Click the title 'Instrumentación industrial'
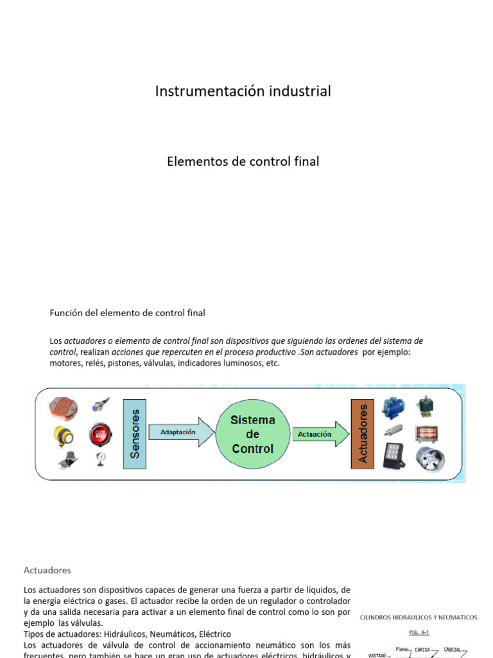(x=243, y=91)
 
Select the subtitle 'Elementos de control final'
(x=243, y=161)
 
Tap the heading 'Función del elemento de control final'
(x=128, y=313)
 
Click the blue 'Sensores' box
(x=134, y=433)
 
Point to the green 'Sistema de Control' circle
(x=252, y=434)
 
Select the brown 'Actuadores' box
(x=363, y=433)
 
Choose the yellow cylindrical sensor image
(x=63, y=436)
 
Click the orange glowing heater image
(x=426, y=433)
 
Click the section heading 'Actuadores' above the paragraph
(x=48, y=570)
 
